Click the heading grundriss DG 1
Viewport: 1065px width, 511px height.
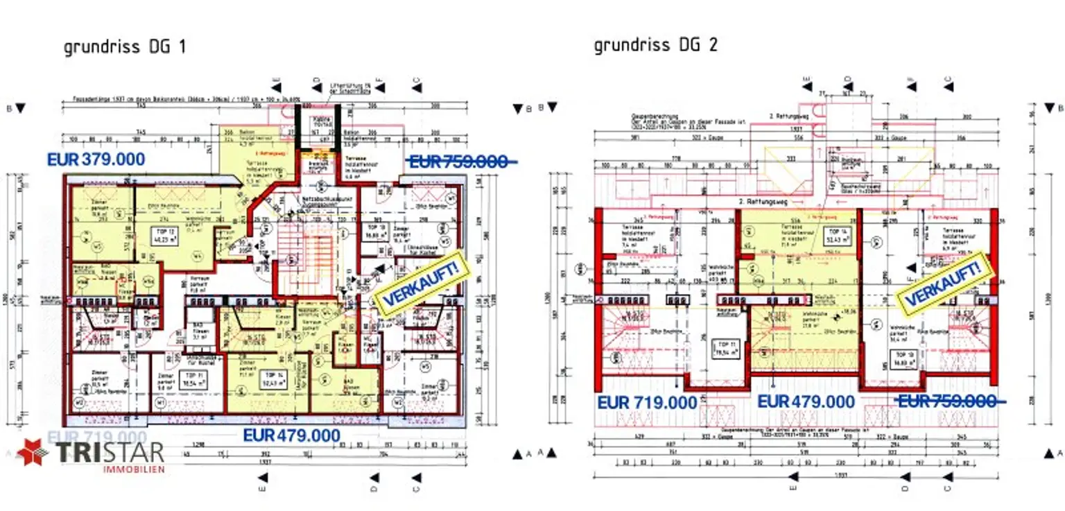124,47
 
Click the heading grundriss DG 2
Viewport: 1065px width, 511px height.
655,45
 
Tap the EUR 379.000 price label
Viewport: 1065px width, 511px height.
96,159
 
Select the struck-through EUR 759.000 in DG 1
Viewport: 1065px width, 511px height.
460,161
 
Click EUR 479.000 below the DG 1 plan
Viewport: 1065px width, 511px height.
291,435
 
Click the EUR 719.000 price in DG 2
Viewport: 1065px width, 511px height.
647,402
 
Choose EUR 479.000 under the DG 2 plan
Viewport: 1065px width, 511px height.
806,401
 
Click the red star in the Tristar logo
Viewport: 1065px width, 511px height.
33,453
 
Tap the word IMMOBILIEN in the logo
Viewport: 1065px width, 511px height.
134,469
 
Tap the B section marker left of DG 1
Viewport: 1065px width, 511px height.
19,108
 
